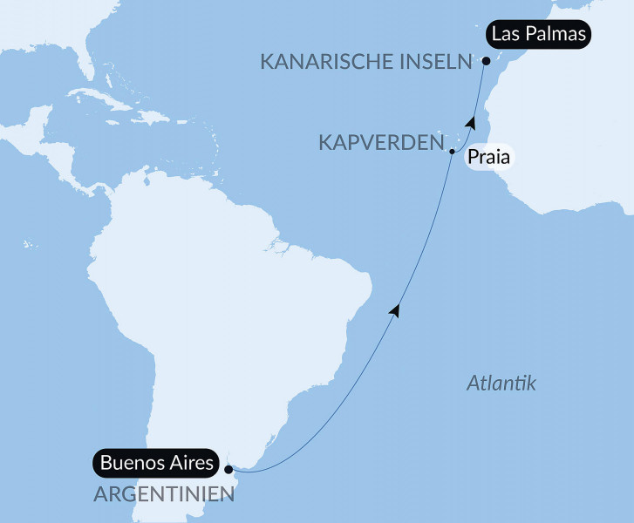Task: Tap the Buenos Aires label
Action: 156,463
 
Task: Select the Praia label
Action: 488,158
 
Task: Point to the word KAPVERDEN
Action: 381,142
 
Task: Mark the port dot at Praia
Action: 452,153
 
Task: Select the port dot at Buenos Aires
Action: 228,469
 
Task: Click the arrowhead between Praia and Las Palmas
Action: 471,123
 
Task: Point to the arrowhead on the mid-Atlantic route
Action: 398,309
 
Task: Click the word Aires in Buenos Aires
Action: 189,463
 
